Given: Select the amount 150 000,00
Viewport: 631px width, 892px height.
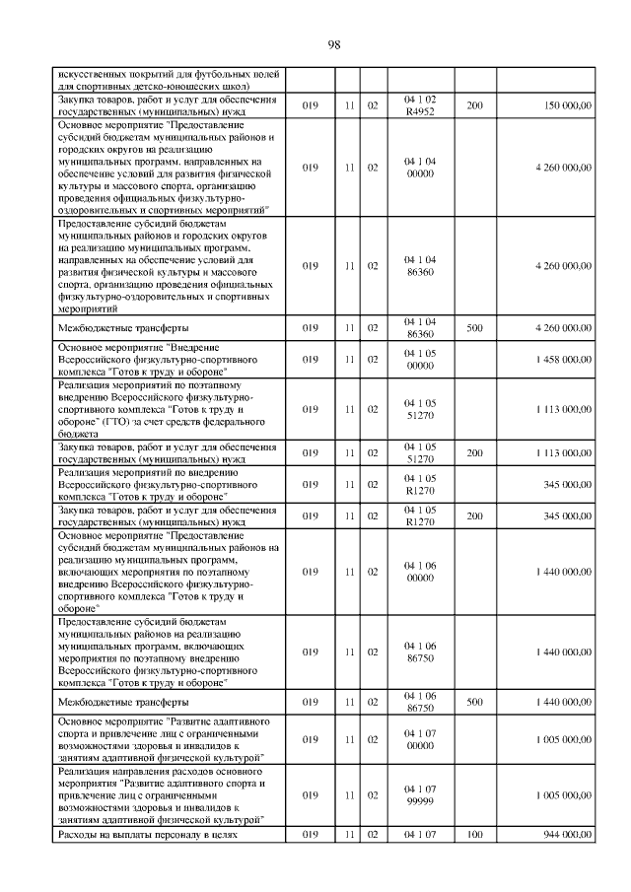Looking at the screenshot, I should [x=562, y=105].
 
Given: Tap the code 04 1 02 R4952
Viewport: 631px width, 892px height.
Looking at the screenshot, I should [x=420, y=105].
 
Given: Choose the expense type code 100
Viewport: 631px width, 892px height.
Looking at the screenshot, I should [x=474, y=835].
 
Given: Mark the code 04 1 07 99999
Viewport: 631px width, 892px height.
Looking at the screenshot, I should [x=420, y=793].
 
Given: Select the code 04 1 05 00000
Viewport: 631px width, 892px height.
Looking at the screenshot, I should [x=420, y=361].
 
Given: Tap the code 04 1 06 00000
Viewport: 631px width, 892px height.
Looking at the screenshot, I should [x=420, y=572].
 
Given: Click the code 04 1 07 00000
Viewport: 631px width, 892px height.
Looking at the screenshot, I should [x=420, y=738].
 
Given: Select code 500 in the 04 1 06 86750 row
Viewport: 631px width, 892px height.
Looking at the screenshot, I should [x=474, y=703].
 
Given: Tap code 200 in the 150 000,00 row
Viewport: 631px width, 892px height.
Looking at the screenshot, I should [x=474, y=105].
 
